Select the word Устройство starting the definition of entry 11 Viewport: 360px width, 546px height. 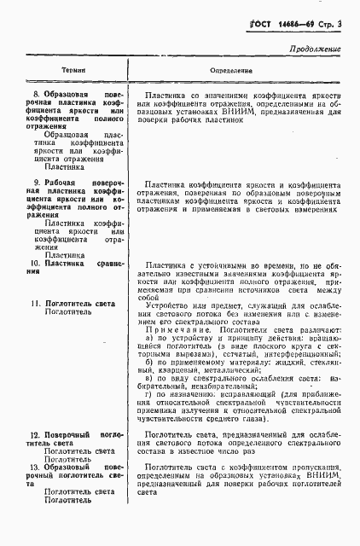[x=167, y=304]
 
